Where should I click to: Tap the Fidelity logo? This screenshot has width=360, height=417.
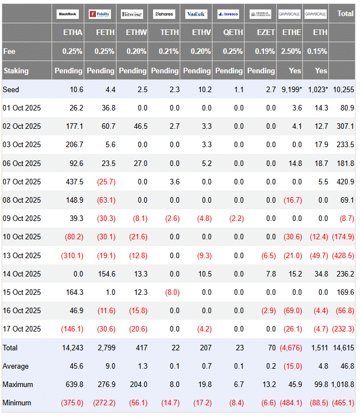click(100, 13)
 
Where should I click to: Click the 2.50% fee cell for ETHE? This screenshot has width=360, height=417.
click(291, 51)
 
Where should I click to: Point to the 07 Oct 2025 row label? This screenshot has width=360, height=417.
click(22, 182)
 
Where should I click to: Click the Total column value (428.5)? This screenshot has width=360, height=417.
click(343, 255)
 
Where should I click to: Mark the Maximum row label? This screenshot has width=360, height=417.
click(18, 384)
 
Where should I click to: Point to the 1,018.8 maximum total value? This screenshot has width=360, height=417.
click(341, 384)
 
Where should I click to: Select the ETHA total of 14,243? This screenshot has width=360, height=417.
click(72, 348)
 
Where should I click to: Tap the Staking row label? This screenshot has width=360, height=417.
click(16, 71)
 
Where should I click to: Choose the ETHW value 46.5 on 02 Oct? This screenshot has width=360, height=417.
click(138, 126)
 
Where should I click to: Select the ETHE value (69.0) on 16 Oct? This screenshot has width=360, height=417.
click(291, 310)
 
